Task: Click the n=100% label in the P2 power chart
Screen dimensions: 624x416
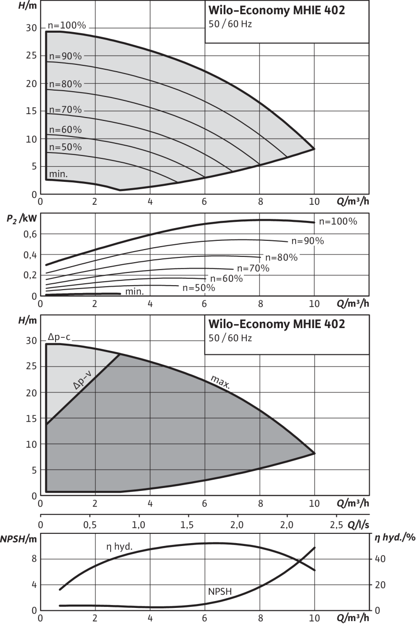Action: (338, 221)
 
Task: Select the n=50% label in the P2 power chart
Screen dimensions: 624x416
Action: (198, 288)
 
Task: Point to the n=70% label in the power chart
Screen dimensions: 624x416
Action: (253, 268)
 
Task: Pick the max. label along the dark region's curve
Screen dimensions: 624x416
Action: (220, 382)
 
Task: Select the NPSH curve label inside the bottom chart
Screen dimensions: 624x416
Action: (220, 591)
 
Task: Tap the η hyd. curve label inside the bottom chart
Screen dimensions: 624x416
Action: (119, 547)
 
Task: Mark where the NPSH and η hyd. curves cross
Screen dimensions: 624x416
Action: (300, 562)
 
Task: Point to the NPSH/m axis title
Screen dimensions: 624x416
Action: (18, 539)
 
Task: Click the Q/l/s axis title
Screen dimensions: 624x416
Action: (358, 525)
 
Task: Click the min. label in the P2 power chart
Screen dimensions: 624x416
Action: (134, 292)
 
